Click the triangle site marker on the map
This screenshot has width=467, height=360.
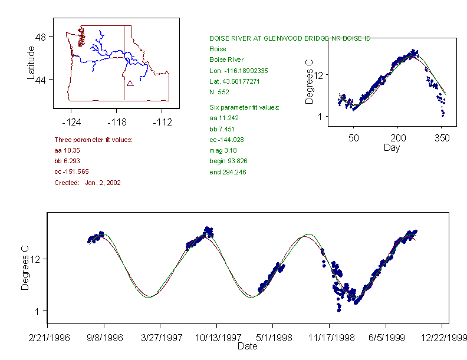[x=130, y=83]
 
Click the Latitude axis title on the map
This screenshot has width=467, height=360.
[x=31, y=63]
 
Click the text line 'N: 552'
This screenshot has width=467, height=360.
[x=220, y=92]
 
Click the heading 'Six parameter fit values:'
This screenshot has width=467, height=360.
[x=244, y=107]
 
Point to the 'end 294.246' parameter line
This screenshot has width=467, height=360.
[x=228, y=172]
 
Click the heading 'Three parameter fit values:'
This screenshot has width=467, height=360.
[x=93, y=140]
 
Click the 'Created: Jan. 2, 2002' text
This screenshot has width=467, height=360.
[x=87, y=183]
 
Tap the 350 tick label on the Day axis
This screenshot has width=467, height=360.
[x=442, y=138]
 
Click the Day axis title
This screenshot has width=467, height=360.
[x=392, y=147]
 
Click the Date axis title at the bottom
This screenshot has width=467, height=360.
[x=247, y=346]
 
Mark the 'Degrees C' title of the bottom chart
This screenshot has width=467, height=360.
[x=25, y=268]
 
